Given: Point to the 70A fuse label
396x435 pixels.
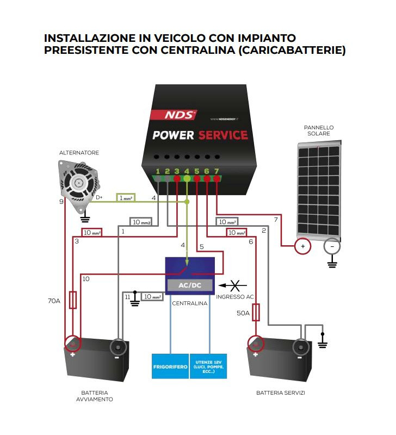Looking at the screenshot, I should [54, 300].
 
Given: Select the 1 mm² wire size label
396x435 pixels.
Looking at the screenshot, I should [126, 198].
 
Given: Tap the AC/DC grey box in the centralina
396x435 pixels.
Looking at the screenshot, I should [189, 285].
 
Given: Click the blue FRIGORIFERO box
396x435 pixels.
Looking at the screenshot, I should [170, 368].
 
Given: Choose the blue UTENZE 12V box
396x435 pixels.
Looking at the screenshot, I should [209, 368].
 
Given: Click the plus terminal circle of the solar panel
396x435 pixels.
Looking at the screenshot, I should [302, 246].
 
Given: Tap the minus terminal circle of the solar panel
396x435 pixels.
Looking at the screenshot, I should [332, 246].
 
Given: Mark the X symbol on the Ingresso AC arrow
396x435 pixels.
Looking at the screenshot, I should [235, 284].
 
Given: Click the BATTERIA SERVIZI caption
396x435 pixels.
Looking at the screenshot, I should [280, 393].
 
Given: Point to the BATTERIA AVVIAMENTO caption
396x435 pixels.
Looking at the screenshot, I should [95, 396].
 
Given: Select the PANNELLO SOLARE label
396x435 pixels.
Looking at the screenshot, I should [319, 130].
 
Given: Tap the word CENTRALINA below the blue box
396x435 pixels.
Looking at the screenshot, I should [189, 303].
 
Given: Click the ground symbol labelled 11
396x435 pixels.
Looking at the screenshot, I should [135, 300].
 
